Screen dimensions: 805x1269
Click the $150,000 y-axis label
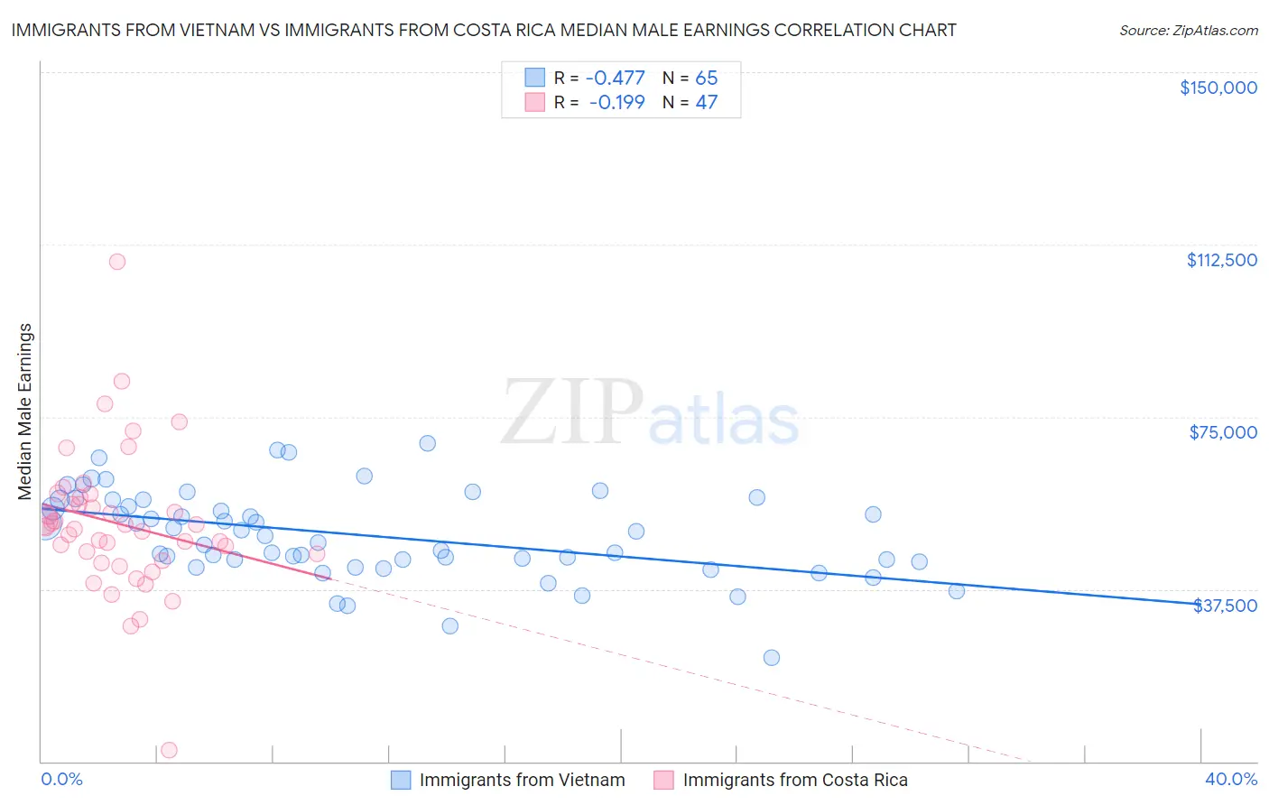1218,88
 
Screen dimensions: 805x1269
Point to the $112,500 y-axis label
1221,260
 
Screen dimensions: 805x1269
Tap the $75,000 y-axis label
1222,432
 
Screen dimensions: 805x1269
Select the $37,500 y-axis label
1225,606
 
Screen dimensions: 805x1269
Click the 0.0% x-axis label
61,779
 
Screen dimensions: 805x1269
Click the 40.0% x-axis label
1230,779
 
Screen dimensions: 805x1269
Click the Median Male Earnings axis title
25,411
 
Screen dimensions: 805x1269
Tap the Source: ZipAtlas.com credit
1188,31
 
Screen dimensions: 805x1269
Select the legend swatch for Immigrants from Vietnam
401,780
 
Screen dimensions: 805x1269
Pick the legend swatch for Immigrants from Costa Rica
663,780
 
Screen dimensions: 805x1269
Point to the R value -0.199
616,103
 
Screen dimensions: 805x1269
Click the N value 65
706,79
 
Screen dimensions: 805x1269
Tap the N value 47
706,103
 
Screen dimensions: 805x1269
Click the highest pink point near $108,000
116,262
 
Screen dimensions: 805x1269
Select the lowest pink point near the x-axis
168,750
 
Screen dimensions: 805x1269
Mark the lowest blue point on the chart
771,658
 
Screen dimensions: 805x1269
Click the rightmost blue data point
957,591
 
